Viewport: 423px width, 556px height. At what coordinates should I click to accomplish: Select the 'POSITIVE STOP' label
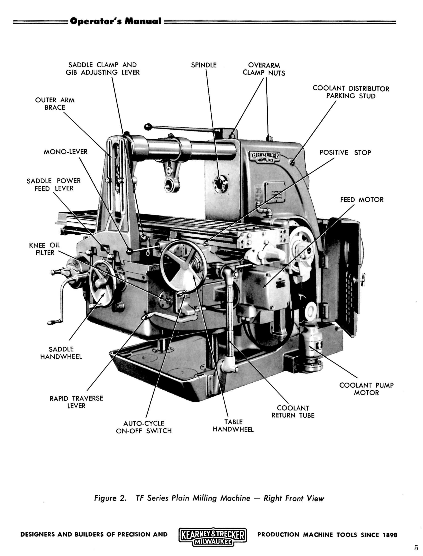pos(345,152)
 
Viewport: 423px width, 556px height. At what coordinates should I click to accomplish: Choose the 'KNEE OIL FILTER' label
pos(45,249)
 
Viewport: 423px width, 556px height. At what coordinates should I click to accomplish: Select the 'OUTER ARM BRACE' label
pos(55,103)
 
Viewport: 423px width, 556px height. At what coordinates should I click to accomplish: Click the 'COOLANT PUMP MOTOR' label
pos(366,389)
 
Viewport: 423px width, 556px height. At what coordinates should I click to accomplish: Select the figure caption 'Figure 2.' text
pos(110,498)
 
